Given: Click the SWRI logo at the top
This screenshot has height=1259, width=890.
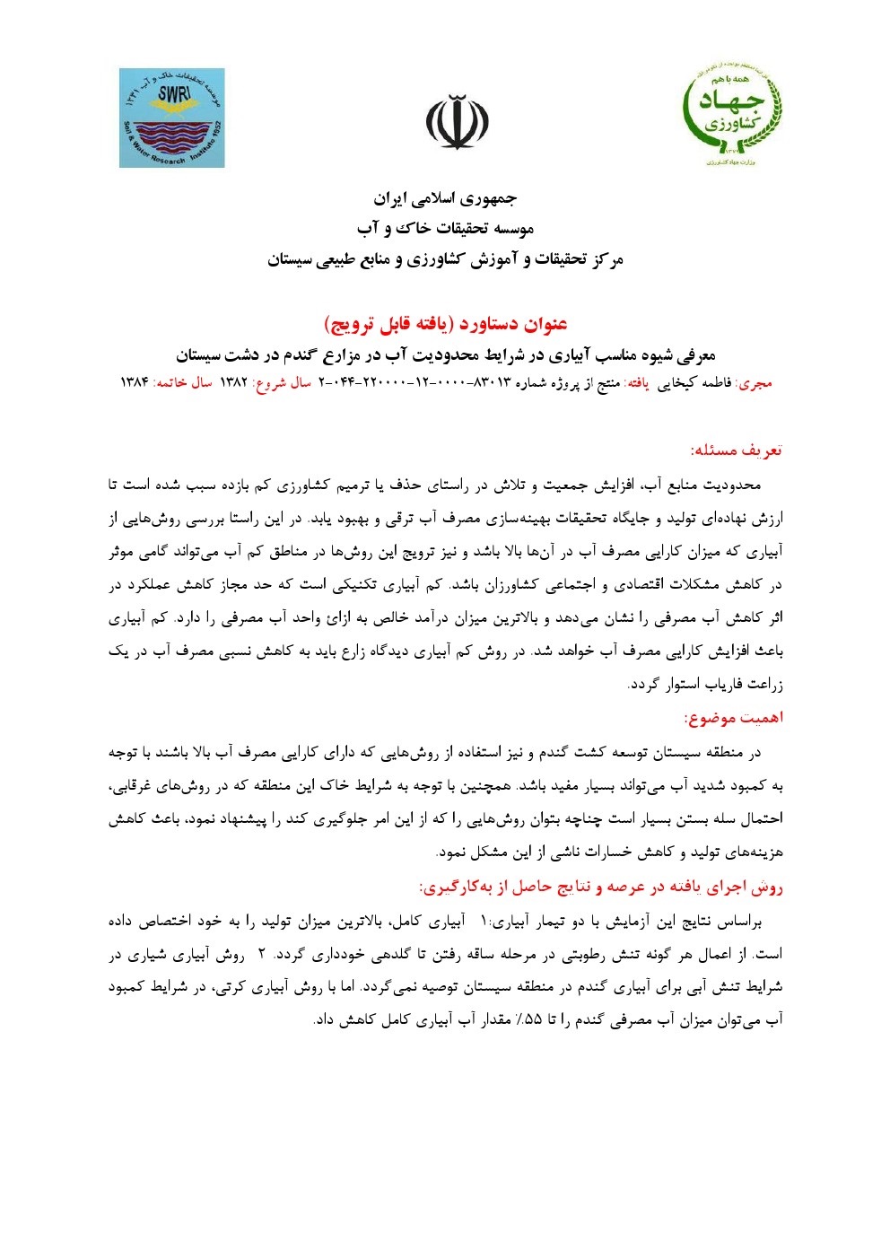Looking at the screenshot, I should pos(172,118).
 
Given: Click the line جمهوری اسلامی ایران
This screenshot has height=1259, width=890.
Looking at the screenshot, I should pos(446,198).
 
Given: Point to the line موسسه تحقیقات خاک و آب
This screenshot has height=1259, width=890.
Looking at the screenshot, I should pos(446,229).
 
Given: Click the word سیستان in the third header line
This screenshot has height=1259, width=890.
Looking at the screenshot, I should pos(289,260).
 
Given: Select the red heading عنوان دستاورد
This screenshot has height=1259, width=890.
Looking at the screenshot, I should pos(446,323).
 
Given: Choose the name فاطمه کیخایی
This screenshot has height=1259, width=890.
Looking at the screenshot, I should pos(694,383).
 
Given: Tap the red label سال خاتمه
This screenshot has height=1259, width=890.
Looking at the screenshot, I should pos(183,383).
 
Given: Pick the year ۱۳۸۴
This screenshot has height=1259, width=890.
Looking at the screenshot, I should pos(134,383).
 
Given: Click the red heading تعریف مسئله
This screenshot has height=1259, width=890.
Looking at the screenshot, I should pos(736,450).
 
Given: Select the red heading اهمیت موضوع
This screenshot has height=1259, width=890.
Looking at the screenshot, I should pos(733,718).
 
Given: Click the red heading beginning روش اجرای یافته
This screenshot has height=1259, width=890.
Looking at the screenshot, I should pos(601,887).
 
